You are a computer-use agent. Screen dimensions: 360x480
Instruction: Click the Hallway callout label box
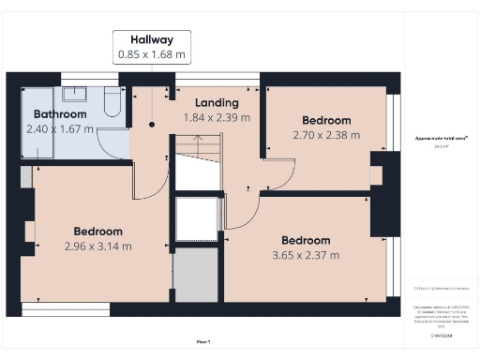point(152,47)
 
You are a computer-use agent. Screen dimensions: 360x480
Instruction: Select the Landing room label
point(217,102)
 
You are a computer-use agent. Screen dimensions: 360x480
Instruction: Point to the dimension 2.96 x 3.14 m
point(98,247)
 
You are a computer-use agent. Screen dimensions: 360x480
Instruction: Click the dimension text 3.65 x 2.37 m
point(306,254)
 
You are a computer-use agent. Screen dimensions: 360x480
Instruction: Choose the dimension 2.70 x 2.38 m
point(326,135)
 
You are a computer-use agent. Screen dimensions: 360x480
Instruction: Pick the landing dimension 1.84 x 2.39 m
point(217,117)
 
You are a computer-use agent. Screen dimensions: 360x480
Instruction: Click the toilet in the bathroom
point(113,103)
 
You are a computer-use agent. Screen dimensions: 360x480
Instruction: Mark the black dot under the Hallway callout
point(152,124)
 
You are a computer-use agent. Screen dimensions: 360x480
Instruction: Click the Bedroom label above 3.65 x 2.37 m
point(306,239)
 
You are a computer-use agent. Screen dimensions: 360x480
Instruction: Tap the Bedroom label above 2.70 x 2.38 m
point(326,120)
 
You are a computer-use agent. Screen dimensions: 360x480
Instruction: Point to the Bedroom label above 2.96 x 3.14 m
point(98,232)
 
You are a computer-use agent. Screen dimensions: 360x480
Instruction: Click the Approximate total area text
point(442,139)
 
